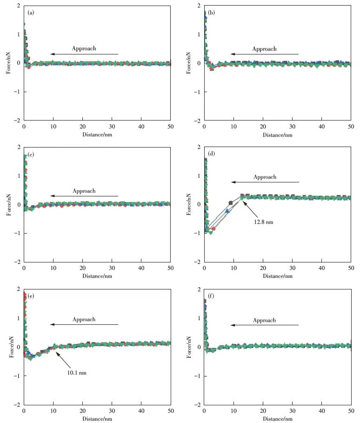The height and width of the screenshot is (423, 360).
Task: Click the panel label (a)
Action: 31,13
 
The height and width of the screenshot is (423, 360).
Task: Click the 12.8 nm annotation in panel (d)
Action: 264,222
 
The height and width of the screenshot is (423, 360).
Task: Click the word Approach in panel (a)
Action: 84,48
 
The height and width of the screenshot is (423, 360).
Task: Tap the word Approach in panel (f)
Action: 264,320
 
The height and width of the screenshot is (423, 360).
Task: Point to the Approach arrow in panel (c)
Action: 84,196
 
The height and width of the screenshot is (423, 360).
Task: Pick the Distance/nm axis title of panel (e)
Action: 97,418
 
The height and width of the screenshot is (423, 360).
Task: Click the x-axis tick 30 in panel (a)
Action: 112,127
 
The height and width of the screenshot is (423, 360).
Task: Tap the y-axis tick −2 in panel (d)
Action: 199,262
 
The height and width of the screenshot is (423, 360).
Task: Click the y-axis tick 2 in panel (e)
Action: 18,289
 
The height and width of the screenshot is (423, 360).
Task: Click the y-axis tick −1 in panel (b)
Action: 199,92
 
